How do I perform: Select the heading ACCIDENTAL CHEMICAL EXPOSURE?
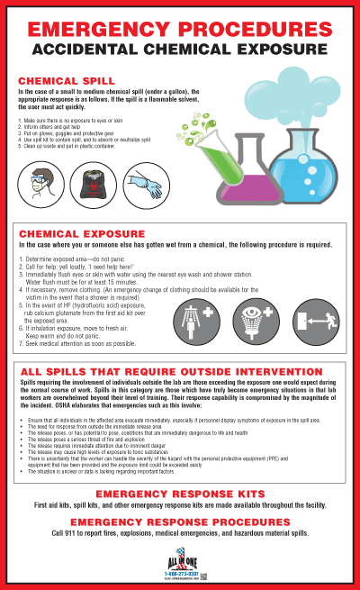180,47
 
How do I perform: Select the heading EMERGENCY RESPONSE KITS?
180,495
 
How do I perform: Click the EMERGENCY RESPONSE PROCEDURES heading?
180,522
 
